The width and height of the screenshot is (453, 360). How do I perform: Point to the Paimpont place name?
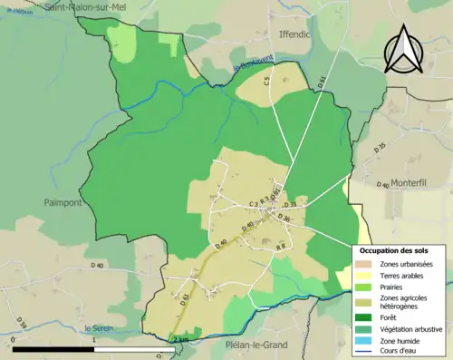click(63, 203)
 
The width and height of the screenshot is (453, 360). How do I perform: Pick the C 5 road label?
click(268, 82)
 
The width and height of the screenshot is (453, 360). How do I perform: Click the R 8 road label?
click(280, 246)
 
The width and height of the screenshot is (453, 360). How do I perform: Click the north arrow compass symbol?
click(404, 50)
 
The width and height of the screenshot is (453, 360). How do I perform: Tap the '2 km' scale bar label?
click(180, 339)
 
